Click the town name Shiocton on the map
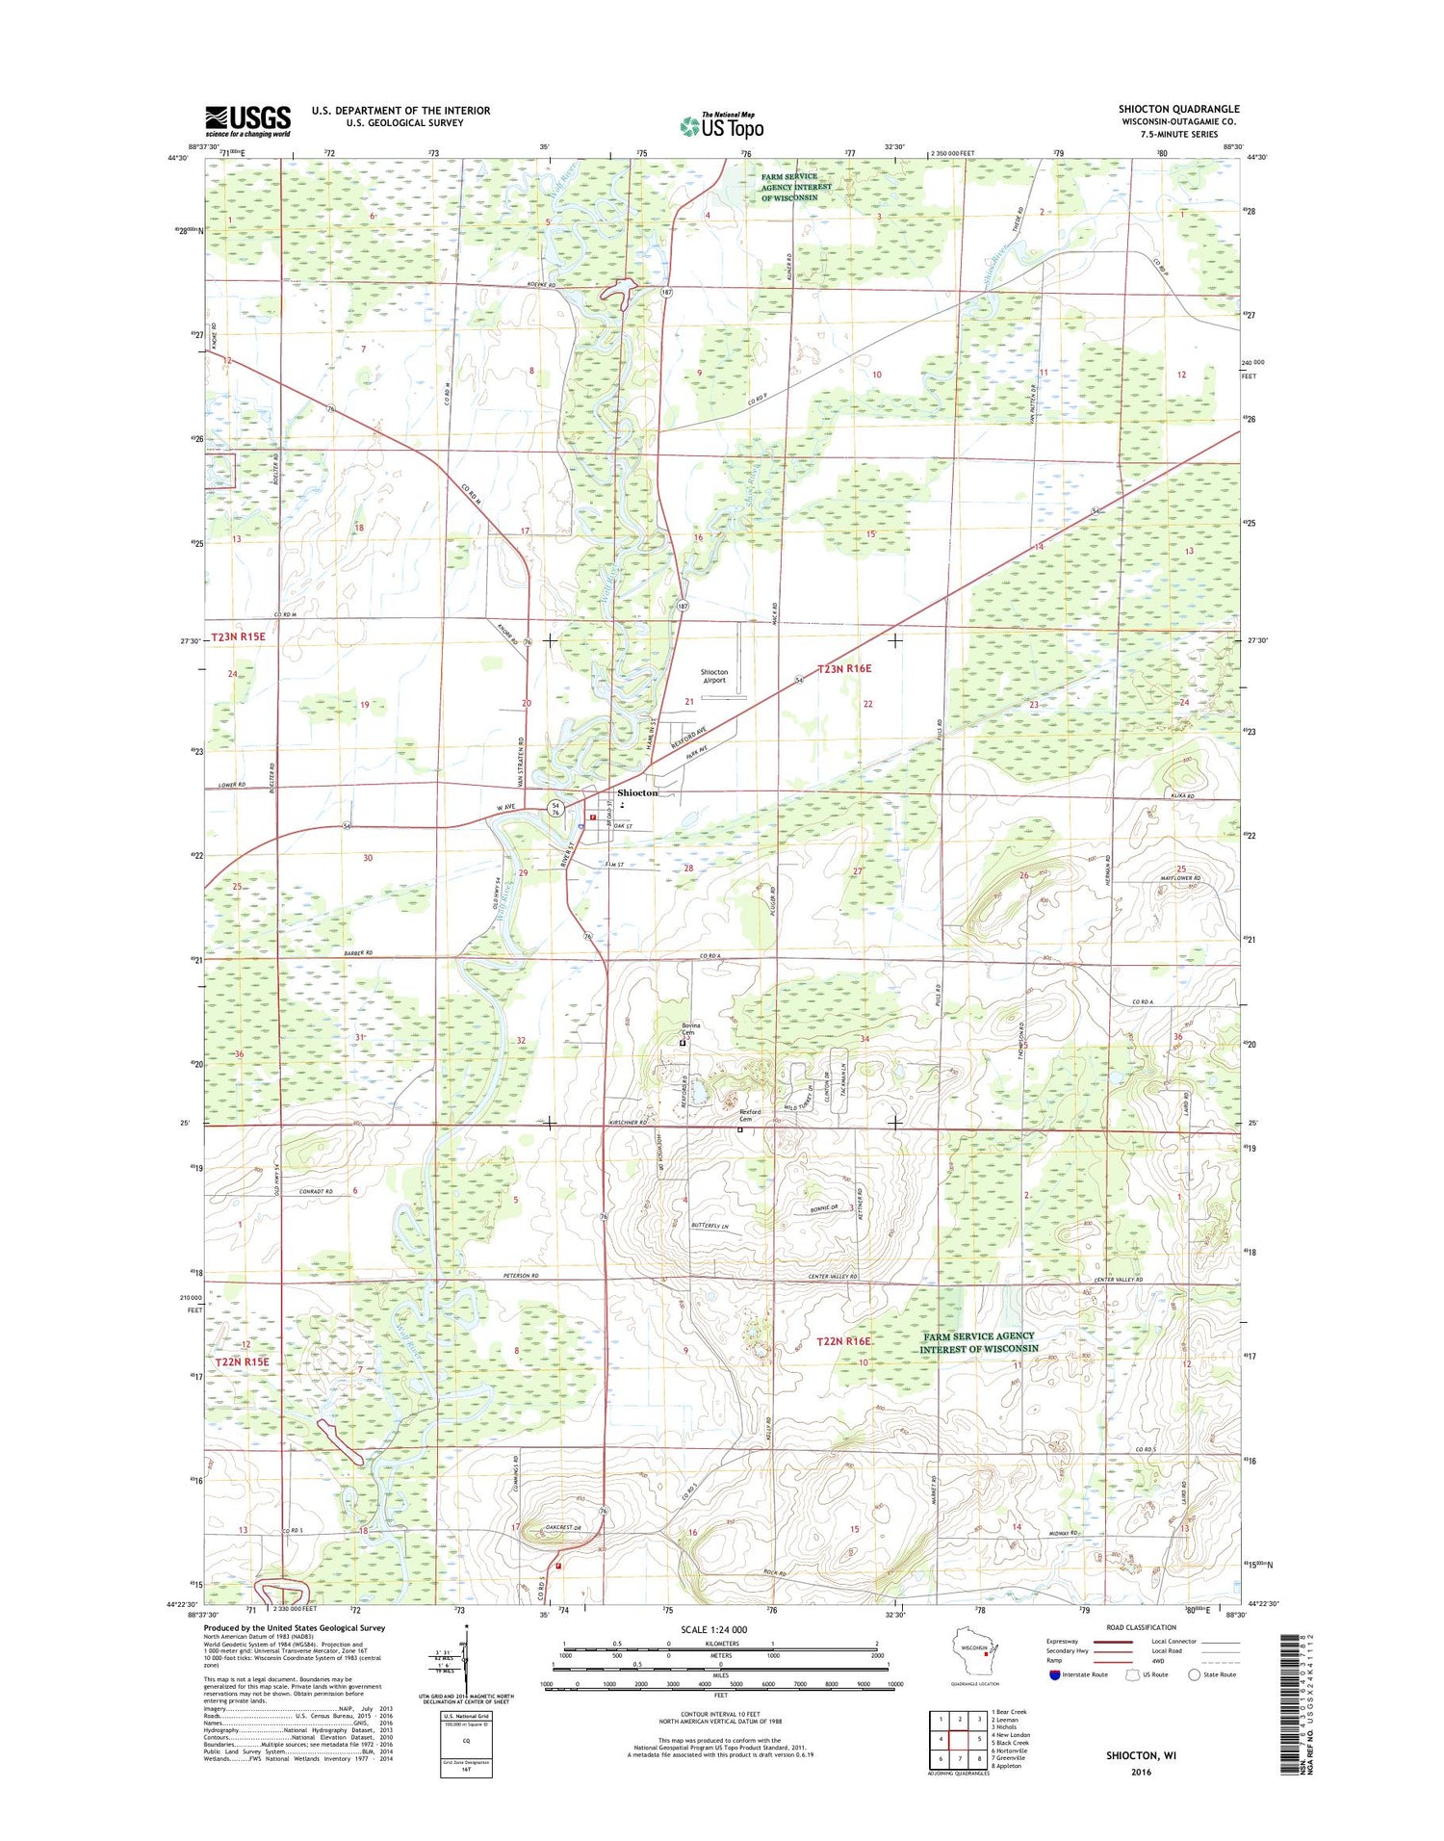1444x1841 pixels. (637, 792)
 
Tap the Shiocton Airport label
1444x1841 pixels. (713, 676)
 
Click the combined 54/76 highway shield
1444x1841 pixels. (555, 808)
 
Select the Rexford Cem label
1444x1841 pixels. (750, 1115)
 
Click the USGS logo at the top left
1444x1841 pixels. (247, 121)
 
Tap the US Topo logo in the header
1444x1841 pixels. (722, 125)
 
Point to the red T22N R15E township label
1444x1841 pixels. (242, 1362)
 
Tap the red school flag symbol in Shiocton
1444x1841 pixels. (593, 817)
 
